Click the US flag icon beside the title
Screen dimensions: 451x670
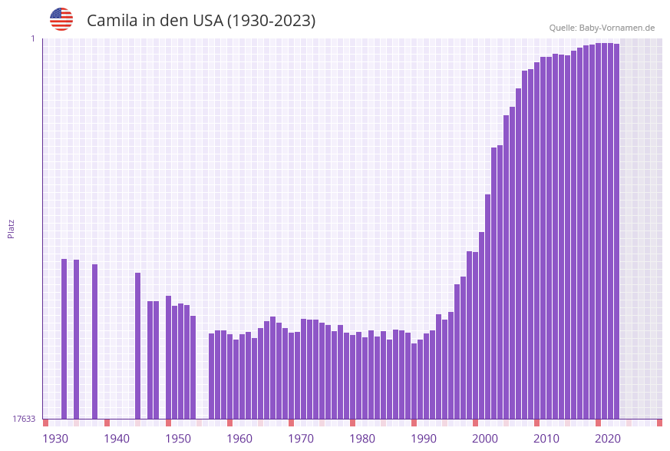(61, 19)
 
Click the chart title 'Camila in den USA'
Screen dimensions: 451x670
(201, 21)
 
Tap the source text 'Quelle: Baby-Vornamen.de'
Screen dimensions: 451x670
(602, 28)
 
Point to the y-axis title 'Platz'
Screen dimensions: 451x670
(12, 228)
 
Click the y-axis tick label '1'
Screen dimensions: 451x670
(32, 38)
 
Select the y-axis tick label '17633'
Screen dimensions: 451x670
(24, 419)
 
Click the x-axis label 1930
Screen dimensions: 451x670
(55, 439)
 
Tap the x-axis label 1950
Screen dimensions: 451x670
(178, 439)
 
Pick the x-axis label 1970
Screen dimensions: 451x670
(301, 439)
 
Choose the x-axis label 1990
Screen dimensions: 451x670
(424, 439)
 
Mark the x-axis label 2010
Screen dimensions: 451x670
(546, 439)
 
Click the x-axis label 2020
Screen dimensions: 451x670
(608, 439)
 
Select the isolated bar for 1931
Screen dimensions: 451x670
(64, 338)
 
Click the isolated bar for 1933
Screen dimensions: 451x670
(77, 339)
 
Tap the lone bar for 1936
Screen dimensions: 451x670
(95, 341)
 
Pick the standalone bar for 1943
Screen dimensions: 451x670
(138, 346)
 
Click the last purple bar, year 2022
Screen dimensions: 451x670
(616, 230)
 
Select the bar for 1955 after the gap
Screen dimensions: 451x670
(212, 376)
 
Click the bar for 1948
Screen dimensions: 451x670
(169, 357)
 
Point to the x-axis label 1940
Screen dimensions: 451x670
(117, 439)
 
